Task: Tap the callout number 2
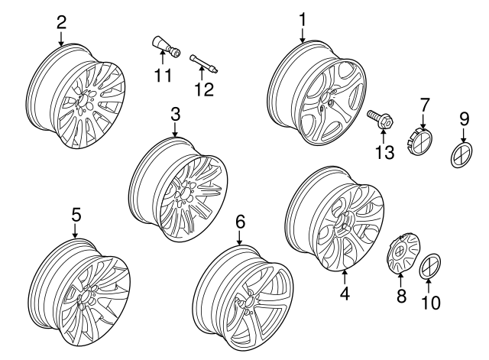61,21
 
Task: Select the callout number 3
175,115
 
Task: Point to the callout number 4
345,292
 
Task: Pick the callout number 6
240,222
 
